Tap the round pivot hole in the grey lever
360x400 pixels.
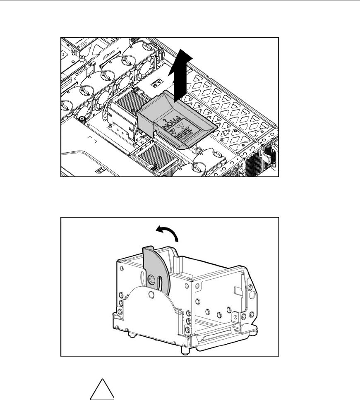(x=153, y=280)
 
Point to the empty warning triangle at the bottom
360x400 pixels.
(x=102, y=387)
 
